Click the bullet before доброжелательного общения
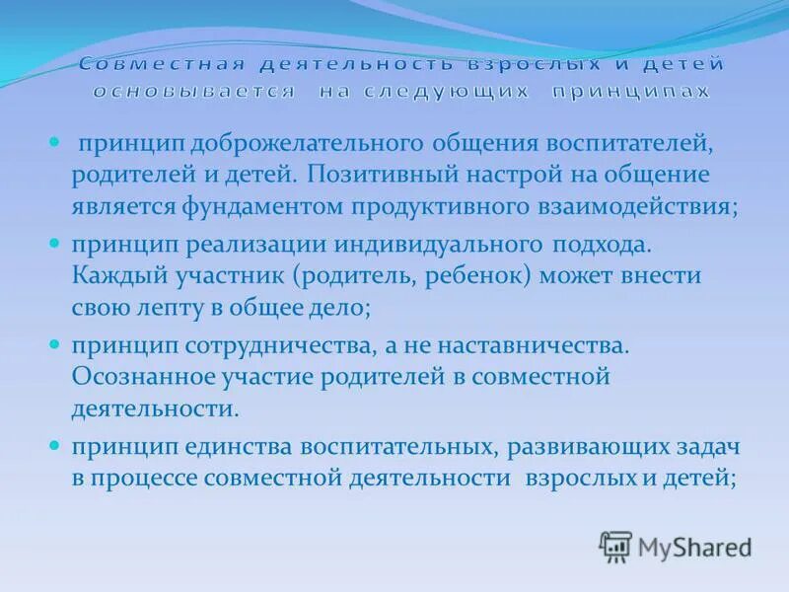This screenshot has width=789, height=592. [x=55, y=142]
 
